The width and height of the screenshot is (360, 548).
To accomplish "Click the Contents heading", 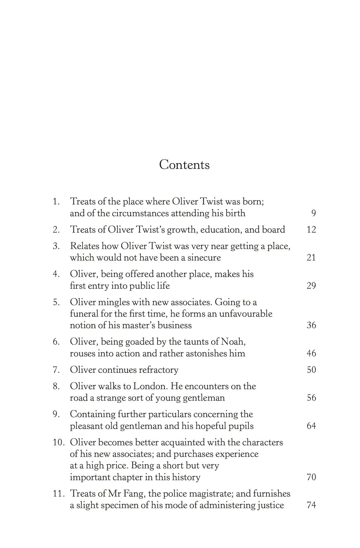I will click(x=184, y=165).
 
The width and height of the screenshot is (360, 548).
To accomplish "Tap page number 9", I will click(x=313, y=213).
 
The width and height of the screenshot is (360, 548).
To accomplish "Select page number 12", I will click(x=311, y=230).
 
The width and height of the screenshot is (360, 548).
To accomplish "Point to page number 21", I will click(x=311, y=258).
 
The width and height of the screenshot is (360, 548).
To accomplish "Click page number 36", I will click(x=311, y=325).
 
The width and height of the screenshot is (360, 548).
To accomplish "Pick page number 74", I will click(x=311, y=505).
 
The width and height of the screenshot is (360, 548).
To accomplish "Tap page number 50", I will click(x=311, y=370).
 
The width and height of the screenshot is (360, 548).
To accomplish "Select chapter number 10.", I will click(x=58, y=442).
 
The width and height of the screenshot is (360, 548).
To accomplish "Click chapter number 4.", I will click(x=56, y=274).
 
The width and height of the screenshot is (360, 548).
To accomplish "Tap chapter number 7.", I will click(x=56, y=370).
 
